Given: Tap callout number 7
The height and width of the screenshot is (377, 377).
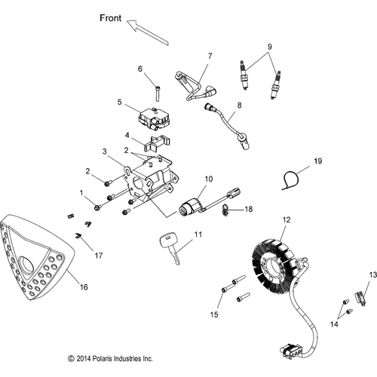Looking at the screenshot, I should [210, 56].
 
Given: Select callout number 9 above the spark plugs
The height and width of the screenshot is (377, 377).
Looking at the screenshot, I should [269, 46].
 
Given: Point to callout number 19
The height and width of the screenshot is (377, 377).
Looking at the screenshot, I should [318, 161].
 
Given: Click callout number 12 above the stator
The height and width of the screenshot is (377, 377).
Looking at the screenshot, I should [286, 219].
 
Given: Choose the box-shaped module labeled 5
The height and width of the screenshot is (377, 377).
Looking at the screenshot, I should [154, 116].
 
